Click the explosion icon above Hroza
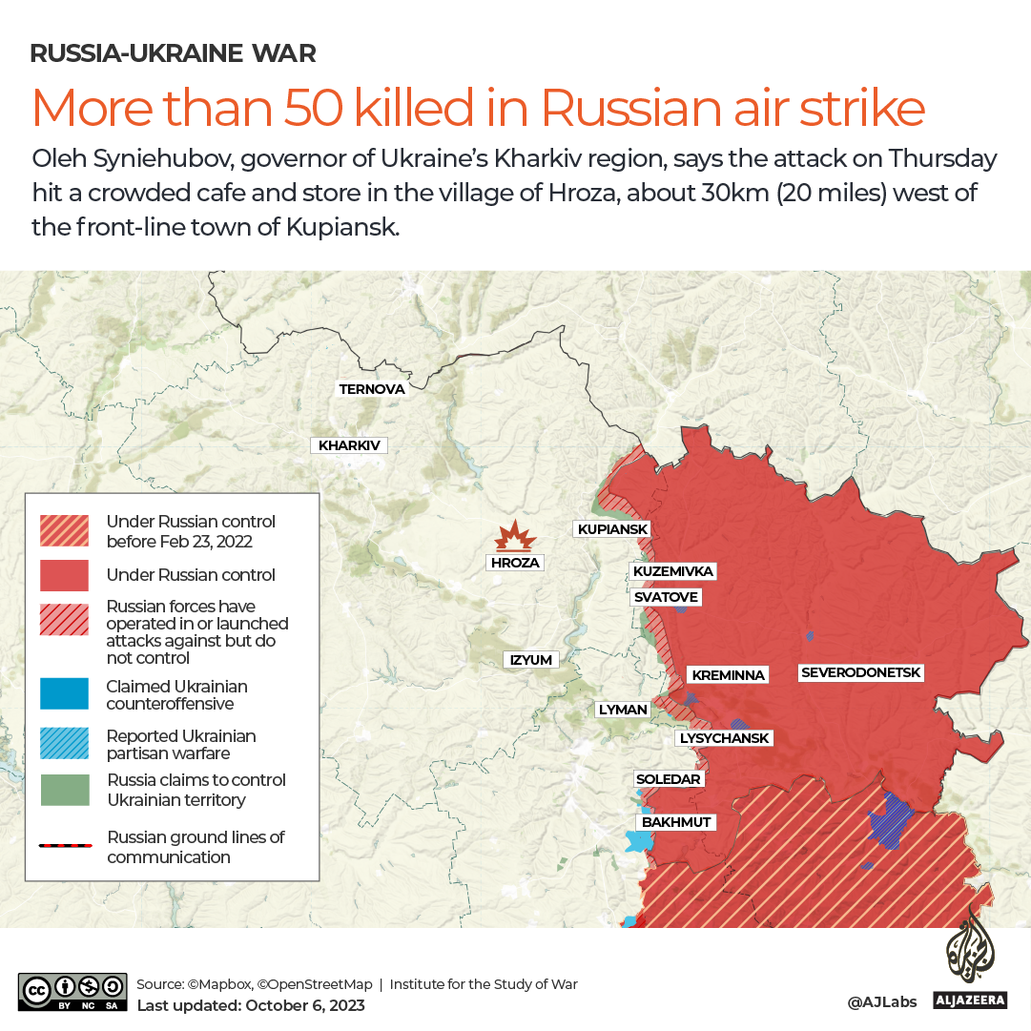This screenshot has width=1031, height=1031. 514,537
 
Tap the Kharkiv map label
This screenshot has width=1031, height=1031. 349,445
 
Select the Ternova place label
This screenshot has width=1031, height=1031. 372,389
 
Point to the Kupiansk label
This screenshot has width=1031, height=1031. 612,529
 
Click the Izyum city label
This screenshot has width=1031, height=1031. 531,659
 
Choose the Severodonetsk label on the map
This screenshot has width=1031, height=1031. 861,672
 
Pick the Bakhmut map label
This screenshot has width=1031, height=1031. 676,821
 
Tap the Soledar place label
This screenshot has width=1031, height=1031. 669,779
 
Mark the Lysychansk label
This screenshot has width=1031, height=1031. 723,738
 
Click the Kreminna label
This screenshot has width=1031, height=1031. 728,675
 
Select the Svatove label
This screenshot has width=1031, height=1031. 666,597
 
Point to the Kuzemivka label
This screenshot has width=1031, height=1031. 672,571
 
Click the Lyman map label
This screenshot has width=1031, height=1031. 623,710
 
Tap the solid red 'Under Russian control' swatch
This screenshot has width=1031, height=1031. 64,575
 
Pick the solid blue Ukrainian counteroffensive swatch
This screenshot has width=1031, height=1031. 64,694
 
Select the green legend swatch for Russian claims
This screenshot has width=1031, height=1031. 64,790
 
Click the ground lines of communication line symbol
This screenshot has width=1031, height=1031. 65,846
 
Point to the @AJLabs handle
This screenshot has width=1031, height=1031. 883,1001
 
